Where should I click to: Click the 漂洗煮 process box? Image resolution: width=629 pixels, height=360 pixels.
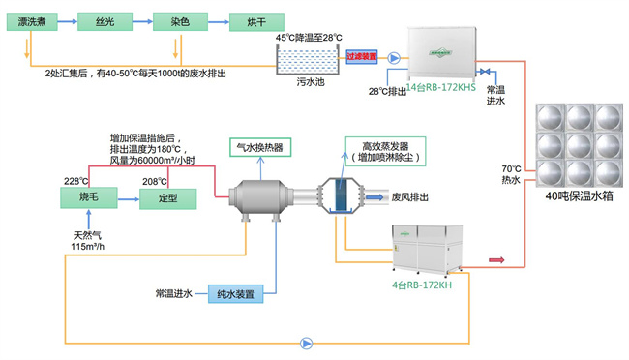[36, 19]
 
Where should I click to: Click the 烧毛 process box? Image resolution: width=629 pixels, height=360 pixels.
[89, 196]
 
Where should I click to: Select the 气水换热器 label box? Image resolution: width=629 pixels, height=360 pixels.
[258, 148]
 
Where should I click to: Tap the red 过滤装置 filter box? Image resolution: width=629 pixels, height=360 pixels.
[361, 57]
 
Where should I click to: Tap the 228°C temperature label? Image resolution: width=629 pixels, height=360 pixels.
[76, 180]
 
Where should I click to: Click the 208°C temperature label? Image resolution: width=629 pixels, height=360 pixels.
[155, 180]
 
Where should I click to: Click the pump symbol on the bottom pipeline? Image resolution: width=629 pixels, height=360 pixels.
[307, 342]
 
